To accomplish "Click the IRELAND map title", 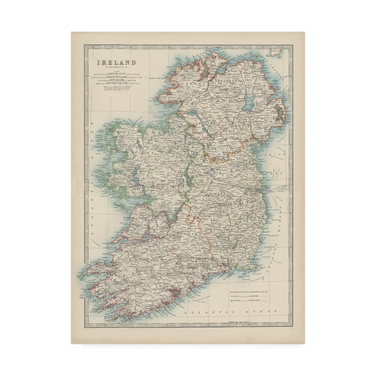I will coord(116,62).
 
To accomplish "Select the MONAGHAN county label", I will coord(229,134).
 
